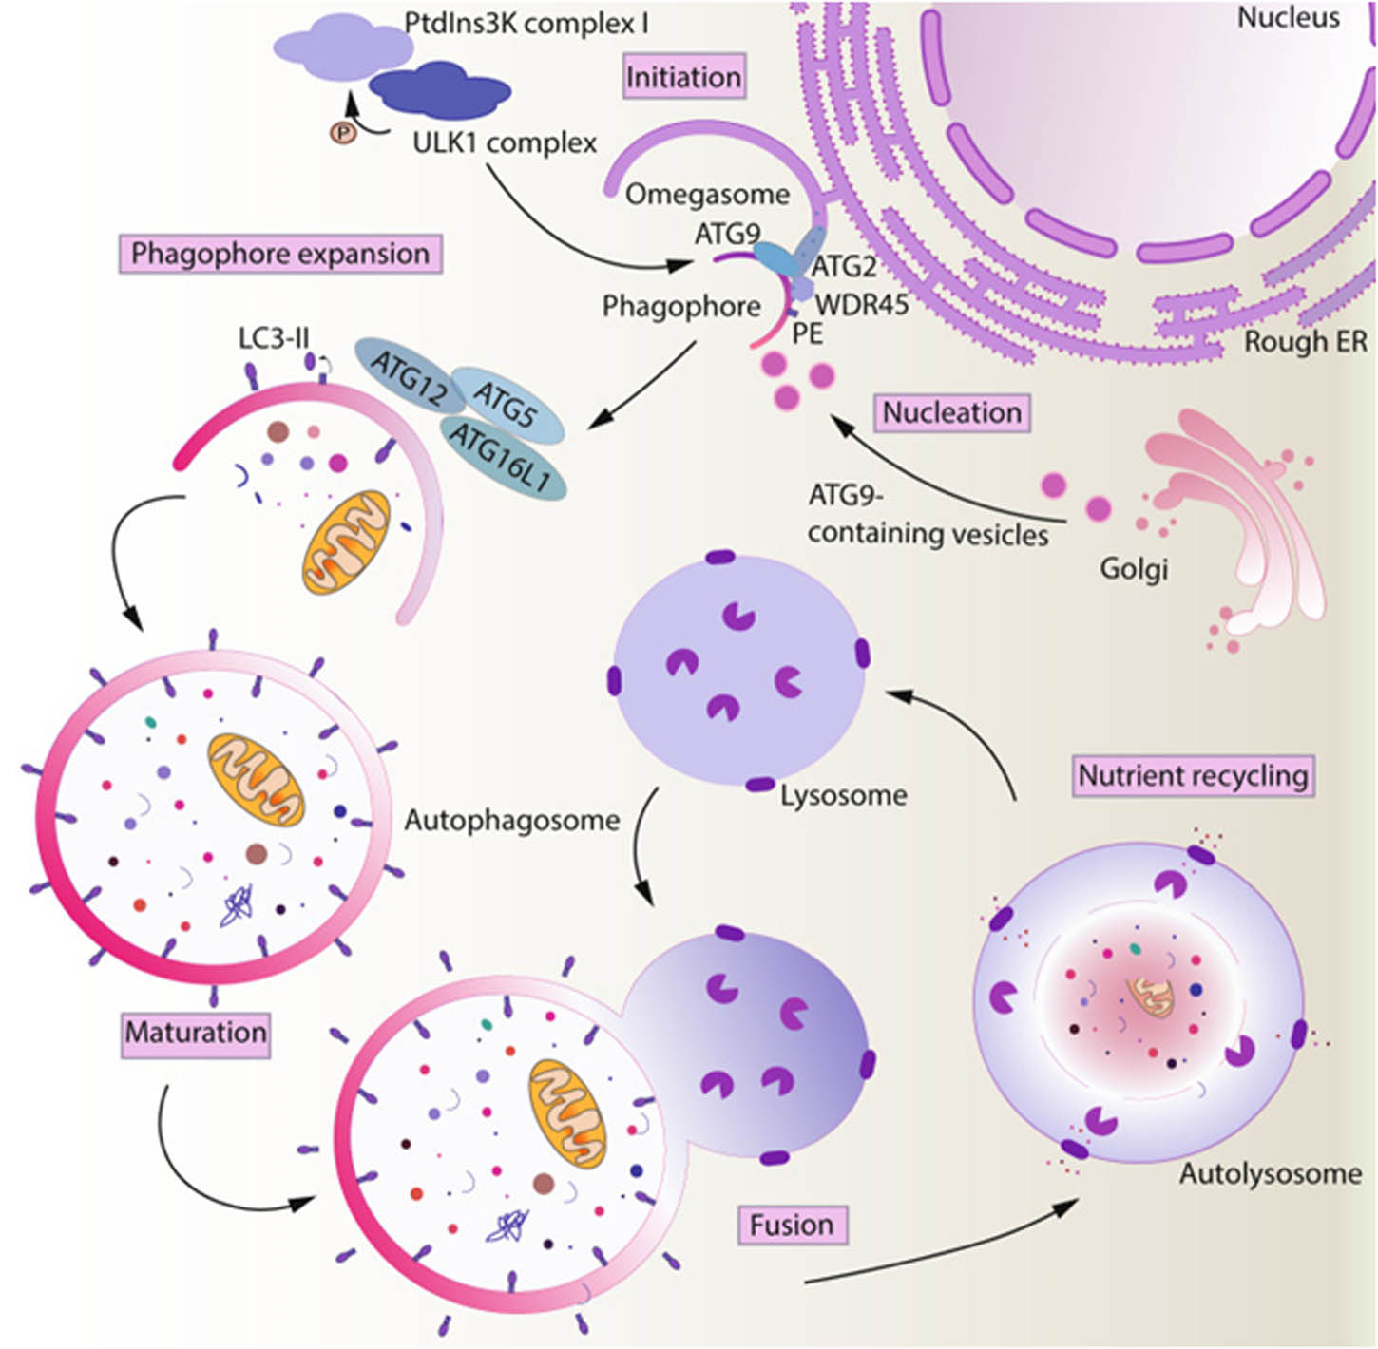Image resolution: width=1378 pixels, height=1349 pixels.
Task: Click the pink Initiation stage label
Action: (x=683, y=76)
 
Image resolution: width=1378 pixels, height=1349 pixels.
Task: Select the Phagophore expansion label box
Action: (x=280, y=254)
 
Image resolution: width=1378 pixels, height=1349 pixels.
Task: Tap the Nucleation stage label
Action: (x=952, y=412)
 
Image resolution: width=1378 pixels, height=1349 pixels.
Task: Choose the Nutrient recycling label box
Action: (x=1193, y=776)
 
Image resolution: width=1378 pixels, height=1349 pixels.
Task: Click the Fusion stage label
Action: (x=792, y=1225)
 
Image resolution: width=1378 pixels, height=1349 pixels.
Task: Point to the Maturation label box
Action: (x=196, y=1033)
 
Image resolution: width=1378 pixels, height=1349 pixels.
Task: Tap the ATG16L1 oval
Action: (x=501, y=458)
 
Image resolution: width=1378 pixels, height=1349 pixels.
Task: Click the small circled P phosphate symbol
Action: (x=342, y=133)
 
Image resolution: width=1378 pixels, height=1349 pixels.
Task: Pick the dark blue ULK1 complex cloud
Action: (x=439, y=89)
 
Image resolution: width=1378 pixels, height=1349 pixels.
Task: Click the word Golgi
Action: (x=1133, y=569)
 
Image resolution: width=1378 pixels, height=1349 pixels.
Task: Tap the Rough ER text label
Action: (x=1305, y=342)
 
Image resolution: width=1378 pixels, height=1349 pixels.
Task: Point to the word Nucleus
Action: (x=1288, y=17)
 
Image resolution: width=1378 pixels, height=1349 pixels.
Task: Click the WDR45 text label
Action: (x=861, y=304)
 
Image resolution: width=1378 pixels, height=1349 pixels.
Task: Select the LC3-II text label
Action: (x=273, y=337)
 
